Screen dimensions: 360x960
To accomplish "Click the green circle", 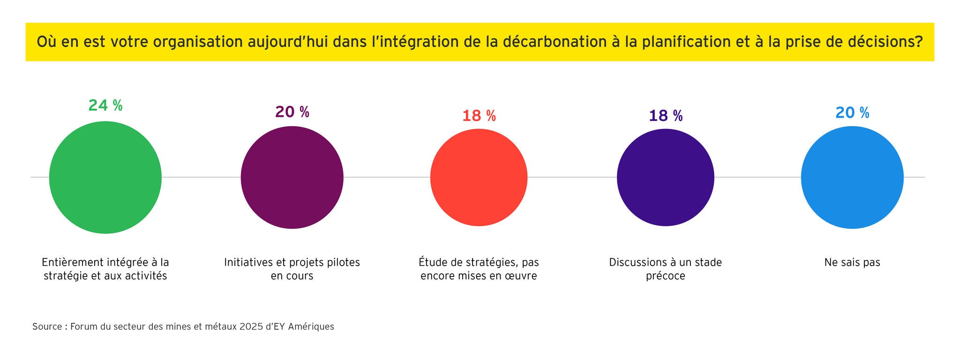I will coord(105,177).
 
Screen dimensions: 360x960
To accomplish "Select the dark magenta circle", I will coord(292,178).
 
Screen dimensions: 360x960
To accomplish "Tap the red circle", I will coord(479,178).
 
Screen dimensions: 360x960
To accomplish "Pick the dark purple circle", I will coord(665,178).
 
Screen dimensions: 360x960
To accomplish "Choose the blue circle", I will coord(852,178).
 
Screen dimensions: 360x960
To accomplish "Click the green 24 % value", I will coord(105,105).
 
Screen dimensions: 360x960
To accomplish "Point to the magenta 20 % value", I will coord(292,112).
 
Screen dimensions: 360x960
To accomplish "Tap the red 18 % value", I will coord(479,116).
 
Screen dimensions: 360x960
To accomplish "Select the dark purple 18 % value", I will coord(666,116).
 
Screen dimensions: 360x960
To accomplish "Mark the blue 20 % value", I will coord(852,112).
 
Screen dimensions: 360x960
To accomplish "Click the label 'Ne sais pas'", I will coord(852,262).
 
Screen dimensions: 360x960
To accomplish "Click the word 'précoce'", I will coord(665,276).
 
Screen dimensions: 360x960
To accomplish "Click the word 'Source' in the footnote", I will coord(47,327).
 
